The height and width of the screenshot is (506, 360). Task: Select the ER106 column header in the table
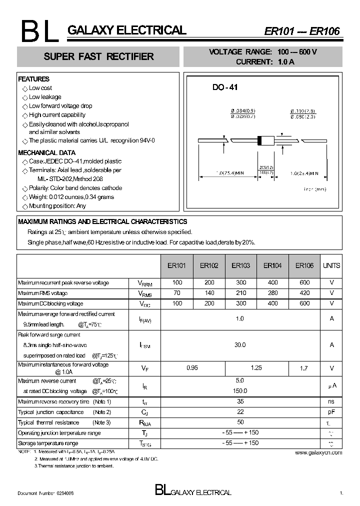304,265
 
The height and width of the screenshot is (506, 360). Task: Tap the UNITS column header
331,265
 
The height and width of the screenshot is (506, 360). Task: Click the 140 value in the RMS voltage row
209,293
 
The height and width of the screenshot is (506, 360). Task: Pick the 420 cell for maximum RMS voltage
304,293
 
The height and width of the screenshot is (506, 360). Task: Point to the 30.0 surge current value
240,344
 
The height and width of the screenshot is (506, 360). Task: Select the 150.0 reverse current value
240,390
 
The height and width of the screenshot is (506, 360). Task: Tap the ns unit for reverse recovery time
331,401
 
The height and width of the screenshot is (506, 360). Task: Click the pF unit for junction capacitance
331,412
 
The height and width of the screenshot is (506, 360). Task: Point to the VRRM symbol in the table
144,283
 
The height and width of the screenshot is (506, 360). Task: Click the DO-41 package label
225,87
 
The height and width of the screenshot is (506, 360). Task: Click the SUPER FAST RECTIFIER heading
98,56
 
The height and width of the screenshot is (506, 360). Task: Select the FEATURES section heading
33,79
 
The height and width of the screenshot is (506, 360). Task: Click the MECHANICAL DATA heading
46,152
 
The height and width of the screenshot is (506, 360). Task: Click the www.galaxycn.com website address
318,452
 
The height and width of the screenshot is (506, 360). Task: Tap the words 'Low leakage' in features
45,97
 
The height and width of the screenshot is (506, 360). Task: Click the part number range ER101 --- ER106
301,31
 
